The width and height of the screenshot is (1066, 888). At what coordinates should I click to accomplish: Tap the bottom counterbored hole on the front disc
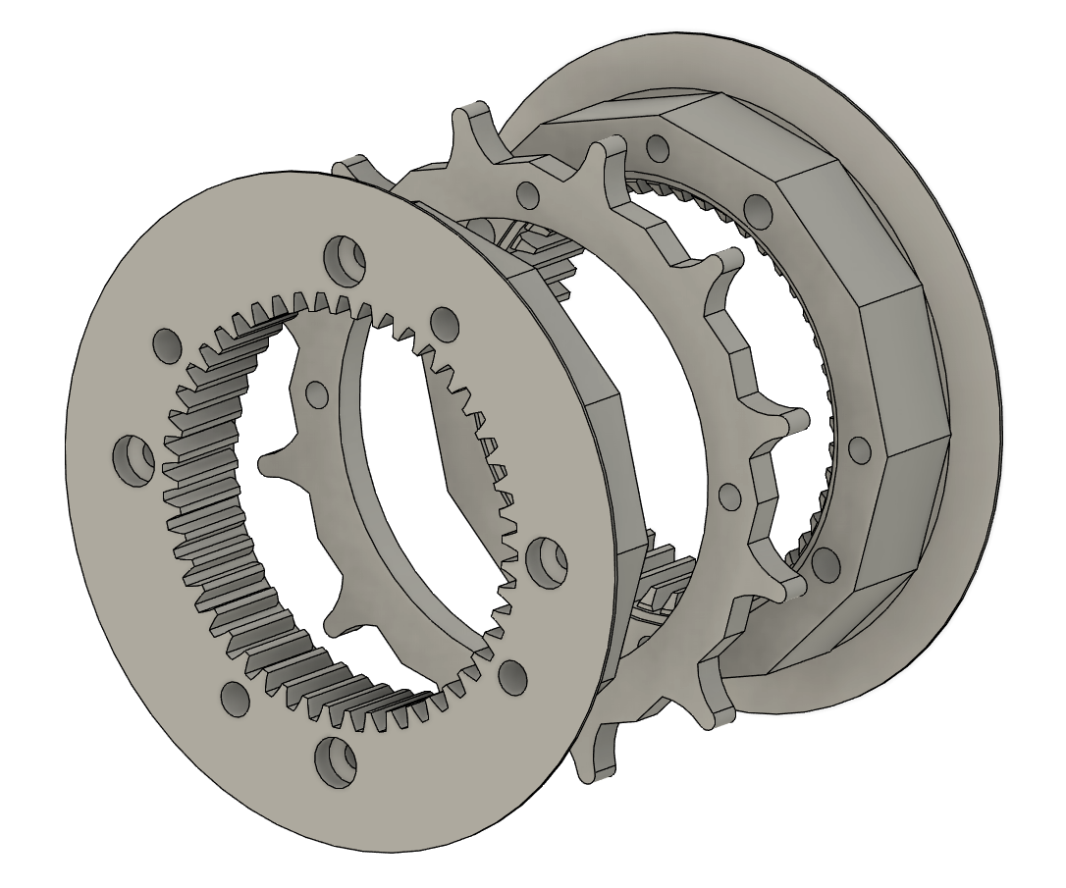point(334,758)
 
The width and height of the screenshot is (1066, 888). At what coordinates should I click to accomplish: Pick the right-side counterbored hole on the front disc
point(545,559)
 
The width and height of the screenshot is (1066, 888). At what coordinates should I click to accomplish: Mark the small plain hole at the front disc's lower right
point(512,674)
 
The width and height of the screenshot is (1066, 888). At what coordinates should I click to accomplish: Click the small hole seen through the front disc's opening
point(316,393)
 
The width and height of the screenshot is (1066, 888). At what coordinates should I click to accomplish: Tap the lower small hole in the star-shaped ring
point(728,493)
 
